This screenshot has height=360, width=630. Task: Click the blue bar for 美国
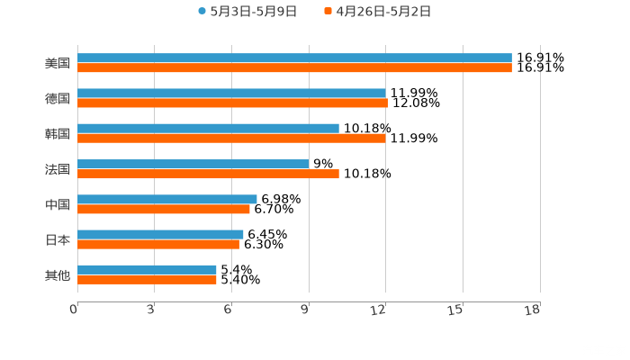(294, 58)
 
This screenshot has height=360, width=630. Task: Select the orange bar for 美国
(294, 67)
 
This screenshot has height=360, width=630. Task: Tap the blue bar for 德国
(231, 93)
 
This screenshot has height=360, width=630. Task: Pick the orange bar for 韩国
(231, 138)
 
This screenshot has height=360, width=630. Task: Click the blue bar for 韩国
(208, 128)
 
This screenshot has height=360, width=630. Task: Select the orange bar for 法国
(208, 174)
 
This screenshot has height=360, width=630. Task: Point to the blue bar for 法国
(193, 164)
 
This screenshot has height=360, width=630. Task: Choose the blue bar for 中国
(167, 199)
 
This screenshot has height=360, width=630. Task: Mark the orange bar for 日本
(158, 244)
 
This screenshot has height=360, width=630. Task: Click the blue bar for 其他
(147, 269)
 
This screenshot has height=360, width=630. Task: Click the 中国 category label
(58, 204)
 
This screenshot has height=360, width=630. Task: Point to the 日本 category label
(58, 239)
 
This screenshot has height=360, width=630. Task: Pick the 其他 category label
(58, 274)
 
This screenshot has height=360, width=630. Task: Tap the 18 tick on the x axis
(533, 310)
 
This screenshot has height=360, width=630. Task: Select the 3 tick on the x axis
(151, 310)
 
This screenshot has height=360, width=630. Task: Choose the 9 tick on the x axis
(305, 310)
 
